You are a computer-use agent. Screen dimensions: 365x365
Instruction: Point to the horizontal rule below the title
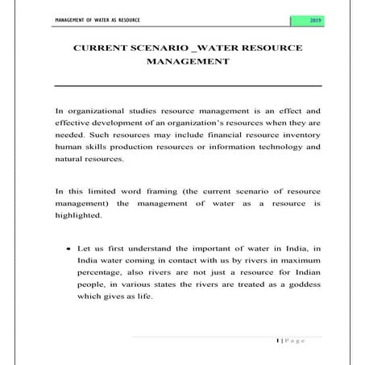point(188,85)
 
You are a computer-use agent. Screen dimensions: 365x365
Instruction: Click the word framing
point(164,192)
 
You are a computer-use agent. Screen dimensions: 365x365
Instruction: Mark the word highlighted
point(78,216)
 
